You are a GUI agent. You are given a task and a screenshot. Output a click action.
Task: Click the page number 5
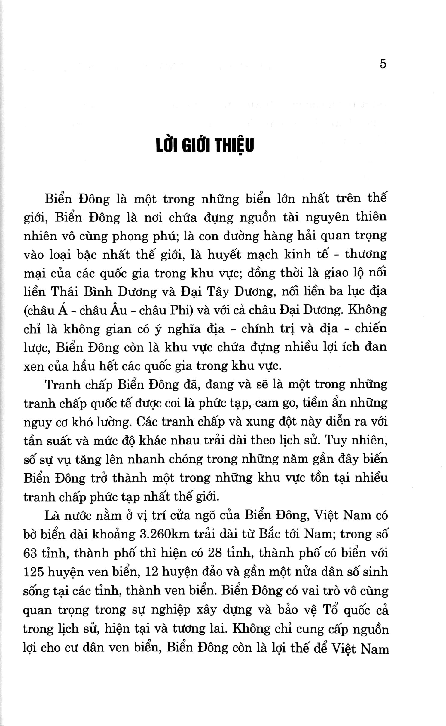point(383,64)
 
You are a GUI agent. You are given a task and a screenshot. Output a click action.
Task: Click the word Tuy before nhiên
point(336,441)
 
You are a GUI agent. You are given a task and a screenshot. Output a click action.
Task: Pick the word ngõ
point(201,516)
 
